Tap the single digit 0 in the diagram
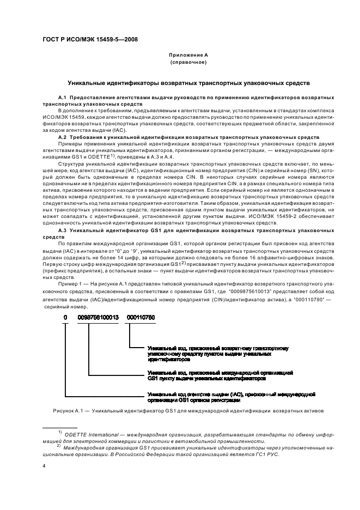click(65, 317)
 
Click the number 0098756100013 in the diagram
click(96, 317)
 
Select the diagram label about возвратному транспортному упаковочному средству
click(218, 354)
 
